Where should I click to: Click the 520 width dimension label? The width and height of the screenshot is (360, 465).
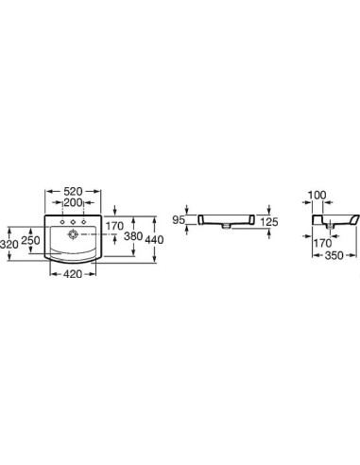click(73, 191)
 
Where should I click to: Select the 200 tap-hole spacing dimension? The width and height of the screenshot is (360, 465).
click(73, 202)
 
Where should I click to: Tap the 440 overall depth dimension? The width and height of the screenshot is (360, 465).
click(154, 240)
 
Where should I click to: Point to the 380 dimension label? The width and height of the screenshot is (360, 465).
click(133, 236)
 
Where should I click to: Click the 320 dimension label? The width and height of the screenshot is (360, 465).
click(9, 244)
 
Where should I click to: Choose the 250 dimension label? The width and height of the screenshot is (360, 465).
click(30, 241)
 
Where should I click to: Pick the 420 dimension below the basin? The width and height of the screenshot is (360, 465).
click(73, 274)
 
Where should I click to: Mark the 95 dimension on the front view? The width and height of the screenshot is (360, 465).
click(179, 220)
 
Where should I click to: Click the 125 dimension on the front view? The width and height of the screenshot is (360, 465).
click(269, 222)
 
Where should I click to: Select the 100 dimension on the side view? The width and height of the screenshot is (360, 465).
click(317, 196)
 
